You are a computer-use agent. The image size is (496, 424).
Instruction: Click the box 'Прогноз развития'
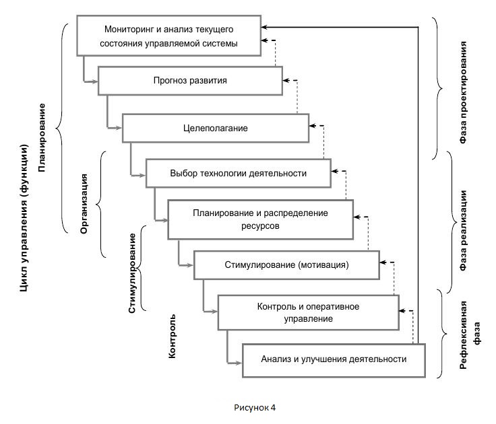[190, 80]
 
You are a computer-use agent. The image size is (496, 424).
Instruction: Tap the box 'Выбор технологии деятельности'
[238, 173]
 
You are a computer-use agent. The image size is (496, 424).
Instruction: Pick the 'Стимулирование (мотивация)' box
[286, 265]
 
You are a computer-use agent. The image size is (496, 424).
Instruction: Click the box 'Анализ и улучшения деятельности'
[334, 359]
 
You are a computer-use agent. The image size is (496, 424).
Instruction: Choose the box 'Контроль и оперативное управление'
[308, 312]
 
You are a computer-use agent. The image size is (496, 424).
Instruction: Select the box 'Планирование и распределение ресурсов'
[259, 219]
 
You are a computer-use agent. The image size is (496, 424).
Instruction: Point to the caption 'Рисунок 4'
[255, 407]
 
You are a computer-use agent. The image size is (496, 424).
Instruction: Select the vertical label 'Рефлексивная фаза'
[470, 332]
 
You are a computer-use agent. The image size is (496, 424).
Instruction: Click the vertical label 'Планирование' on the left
[42, 137]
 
